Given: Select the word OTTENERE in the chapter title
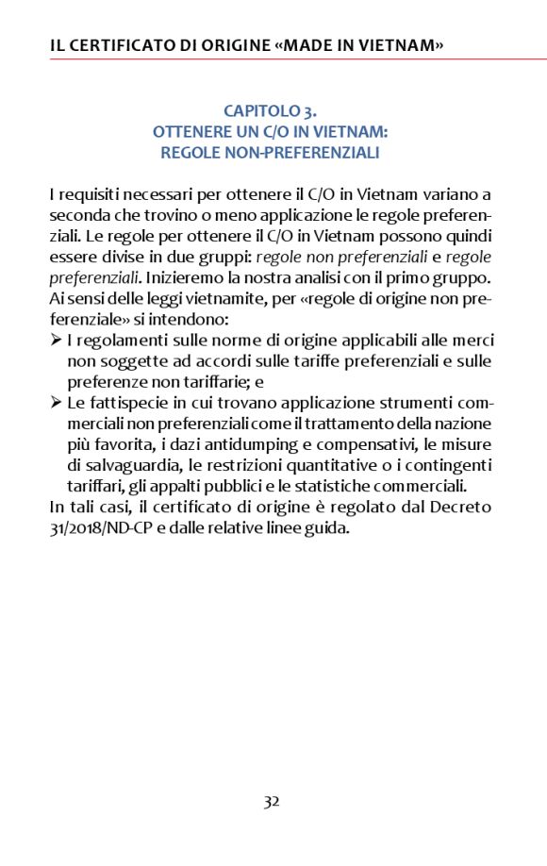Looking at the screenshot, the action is pyautogui.click(x=190, y=131).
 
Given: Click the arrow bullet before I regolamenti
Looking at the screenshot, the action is pyautogui.click(x=56, y=341).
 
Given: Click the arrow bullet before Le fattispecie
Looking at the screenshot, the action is pyautogui.click(x=56, y=403).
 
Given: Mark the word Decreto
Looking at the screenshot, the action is pyautogui.click(x=462, y=507).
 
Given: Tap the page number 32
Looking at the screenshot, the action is pyautogui.click(x=272, y=802).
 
